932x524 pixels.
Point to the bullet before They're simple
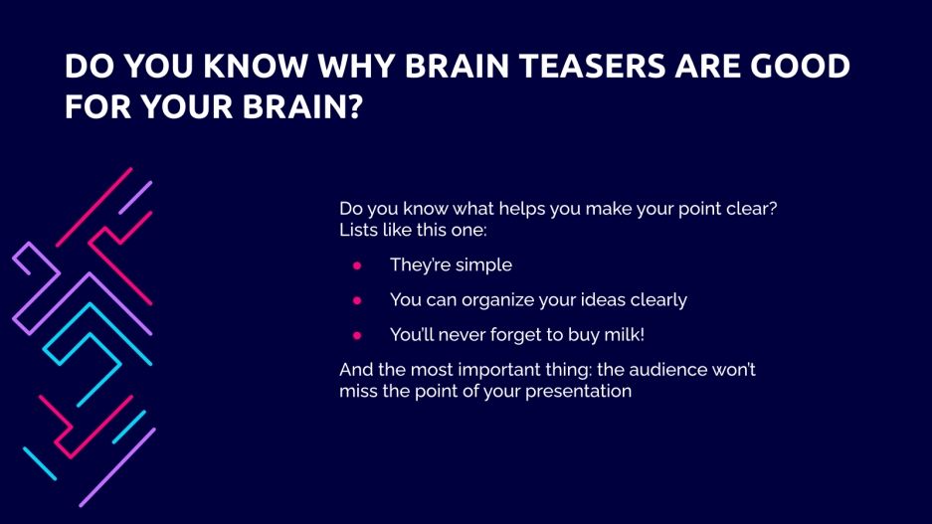(357, 265)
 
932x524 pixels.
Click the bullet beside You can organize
(357, 299)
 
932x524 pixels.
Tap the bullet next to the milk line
(357, 334)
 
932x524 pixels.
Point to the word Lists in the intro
(359, 231)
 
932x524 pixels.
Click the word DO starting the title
(85, 67)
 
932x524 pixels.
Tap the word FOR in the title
(92, 105)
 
